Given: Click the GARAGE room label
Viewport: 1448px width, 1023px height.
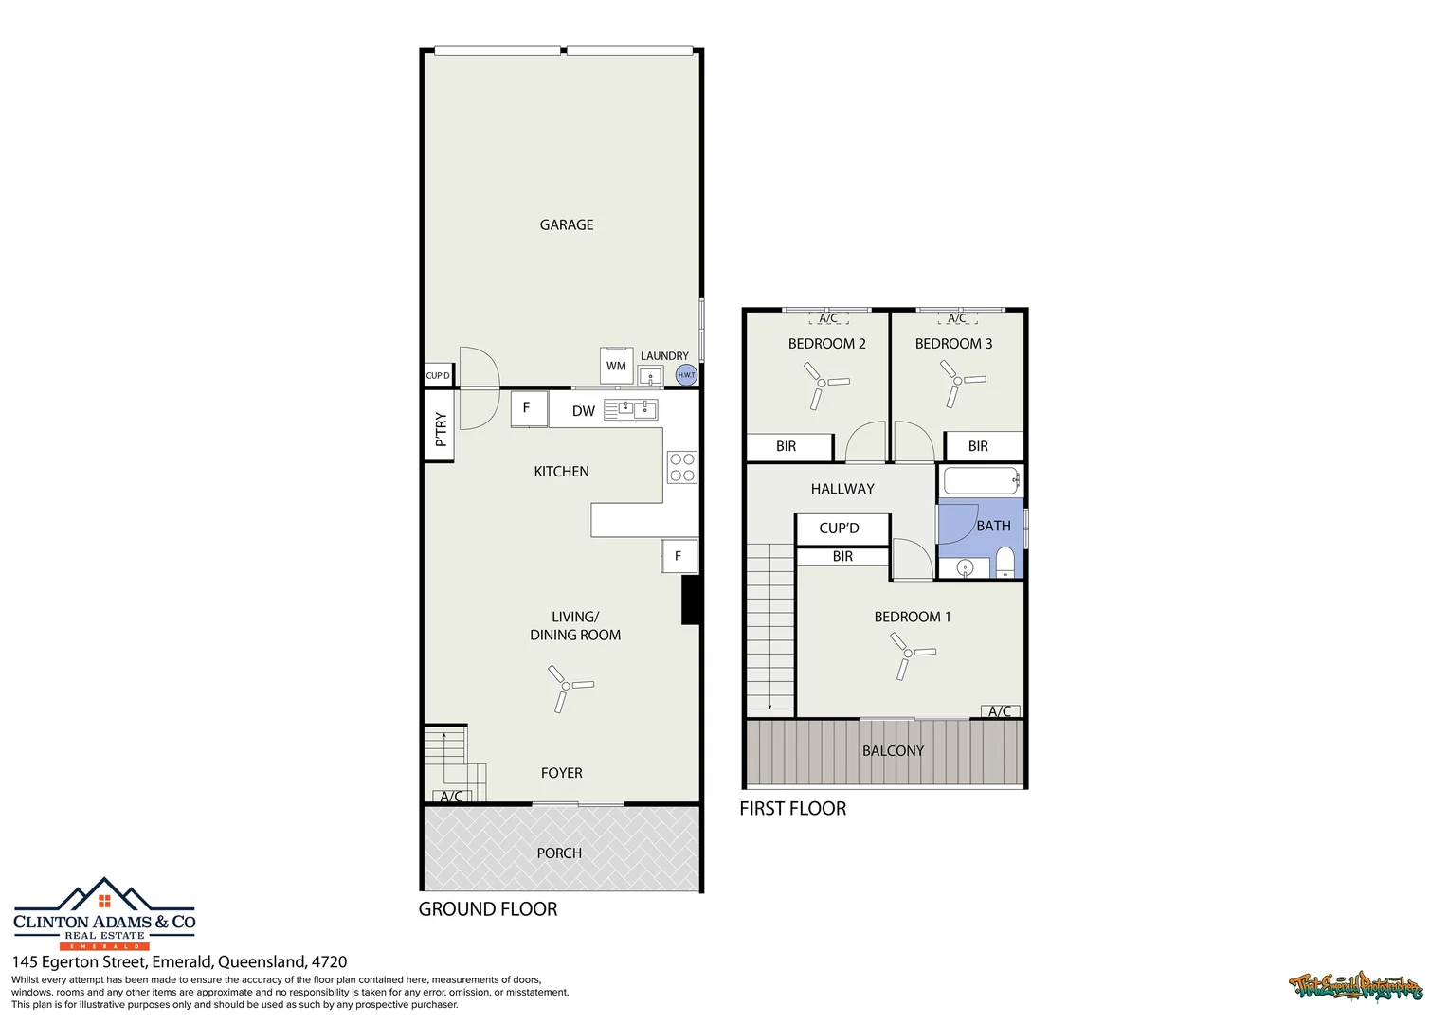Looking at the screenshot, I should (x=567, y=224).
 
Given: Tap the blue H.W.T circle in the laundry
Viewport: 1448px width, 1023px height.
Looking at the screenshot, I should (x=686, y=375).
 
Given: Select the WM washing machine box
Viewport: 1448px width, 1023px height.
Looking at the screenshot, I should (x=616, y=366).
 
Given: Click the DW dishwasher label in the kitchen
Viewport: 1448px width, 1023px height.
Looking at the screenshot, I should (x=584, y=411).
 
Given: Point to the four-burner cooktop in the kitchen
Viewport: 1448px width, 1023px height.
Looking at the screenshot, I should (x=682, y=467).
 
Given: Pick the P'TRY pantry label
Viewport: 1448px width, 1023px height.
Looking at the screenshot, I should (x=440, y=429).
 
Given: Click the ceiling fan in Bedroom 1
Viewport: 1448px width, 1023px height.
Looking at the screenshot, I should (x=908, y=654).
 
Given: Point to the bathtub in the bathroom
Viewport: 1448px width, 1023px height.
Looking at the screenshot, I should (x=981, y=481).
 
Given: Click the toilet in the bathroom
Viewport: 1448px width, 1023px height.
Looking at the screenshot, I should (x=1005, y=563).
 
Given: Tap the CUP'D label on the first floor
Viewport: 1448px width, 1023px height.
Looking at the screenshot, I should (x=840, y=529).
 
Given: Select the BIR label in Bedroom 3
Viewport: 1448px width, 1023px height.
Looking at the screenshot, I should (x=978, y=446).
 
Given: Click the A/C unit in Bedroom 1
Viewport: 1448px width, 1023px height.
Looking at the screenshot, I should (x=1001, y=711).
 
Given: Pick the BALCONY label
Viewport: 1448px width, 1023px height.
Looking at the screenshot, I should (x=893, y=751).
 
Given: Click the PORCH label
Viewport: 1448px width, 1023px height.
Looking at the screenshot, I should (x=559, y=853).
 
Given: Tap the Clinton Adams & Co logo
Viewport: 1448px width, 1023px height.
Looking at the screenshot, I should (x=104, y=915).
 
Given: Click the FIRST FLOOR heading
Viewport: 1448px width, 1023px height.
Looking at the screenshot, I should (x=793, y=809).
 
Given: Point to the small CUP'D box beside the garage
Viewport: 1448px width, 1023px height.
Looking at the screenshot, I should (x=438, y=376).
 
